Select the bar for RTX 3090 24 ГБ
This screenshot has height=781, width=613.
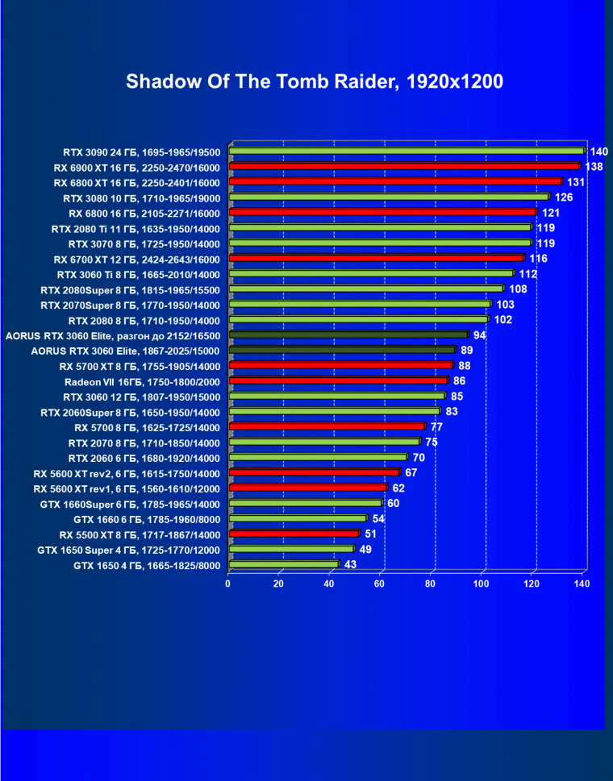click(x=407, y=151)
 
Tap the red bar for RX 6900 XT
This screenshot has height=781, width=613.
click(x=404, y=166)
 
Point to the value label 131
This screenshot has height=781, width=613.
click(x=576, y=182)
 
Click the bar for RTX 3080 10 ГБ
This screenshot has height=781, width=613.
click(x=389, y=197)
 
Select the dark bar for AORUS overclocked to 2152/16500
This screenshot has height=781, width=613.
click(x=348, y=334)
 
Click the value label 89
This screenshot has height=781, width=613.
click(x=467, y=351)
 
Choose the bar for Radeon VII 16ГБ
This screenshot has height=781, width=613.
click(x=338, y=380)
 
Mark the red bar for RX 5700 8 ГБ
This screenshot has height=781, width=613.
click(x=327, y=426)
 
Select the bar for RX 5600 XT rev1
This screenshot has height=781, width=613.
click(x=307, y=488)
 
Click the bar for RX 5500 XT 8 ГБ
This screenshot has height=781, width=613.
click(x=294, y=534)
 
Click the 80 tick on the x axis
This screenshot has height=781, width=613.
click(x=431, y=584)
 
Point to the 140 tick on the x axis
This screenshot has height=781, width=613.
click(x=582, y=584)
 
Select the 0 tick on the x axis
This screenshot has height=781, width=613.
click(x=228, y=584)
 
